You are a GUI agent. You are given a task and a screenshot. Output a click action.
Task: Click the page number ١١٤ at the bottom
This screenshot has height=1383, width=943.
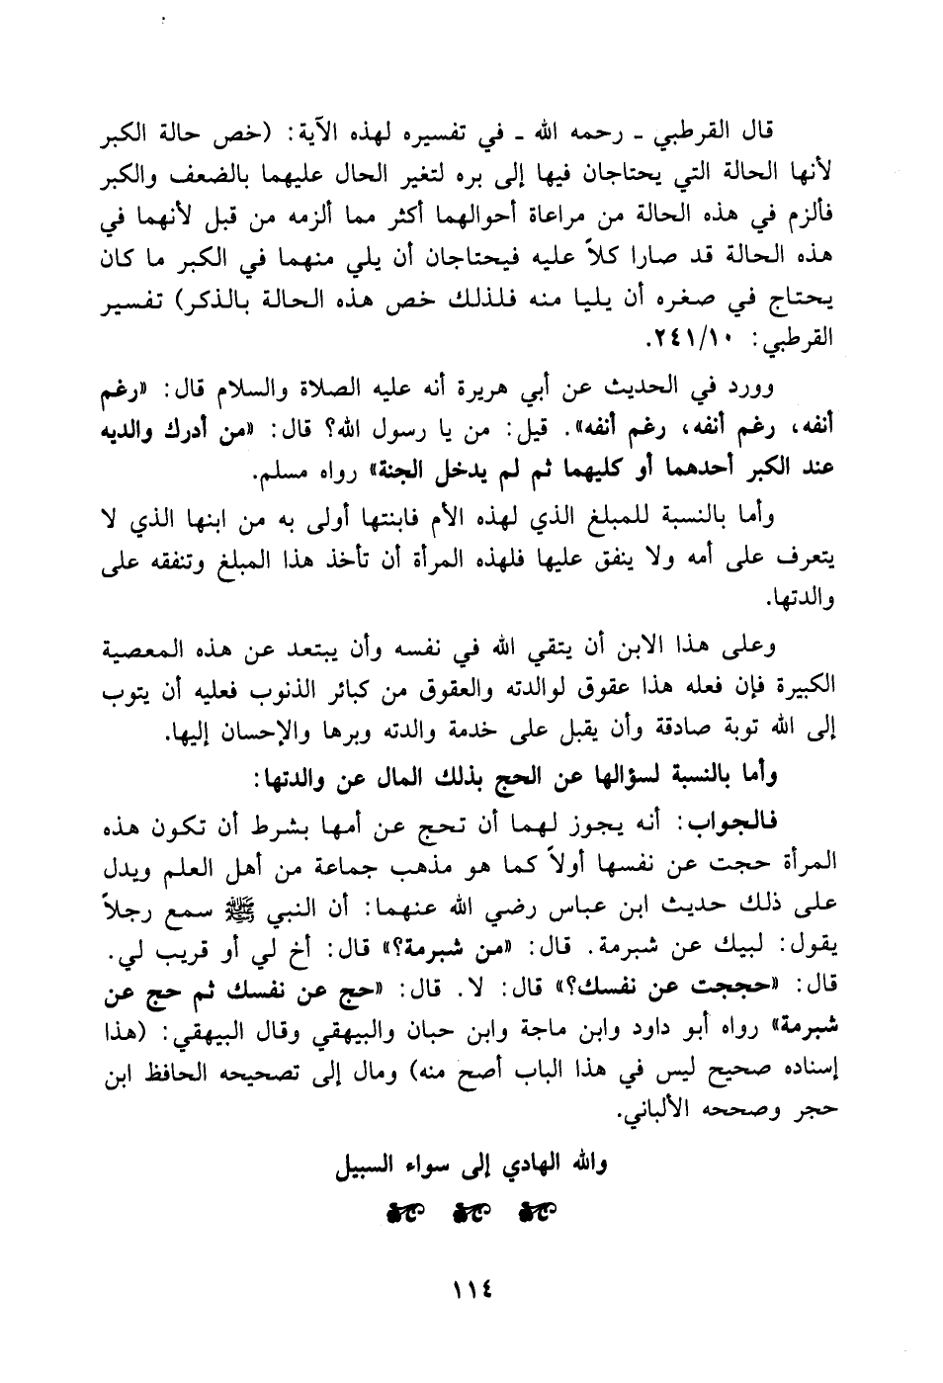pos(472,1290)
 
